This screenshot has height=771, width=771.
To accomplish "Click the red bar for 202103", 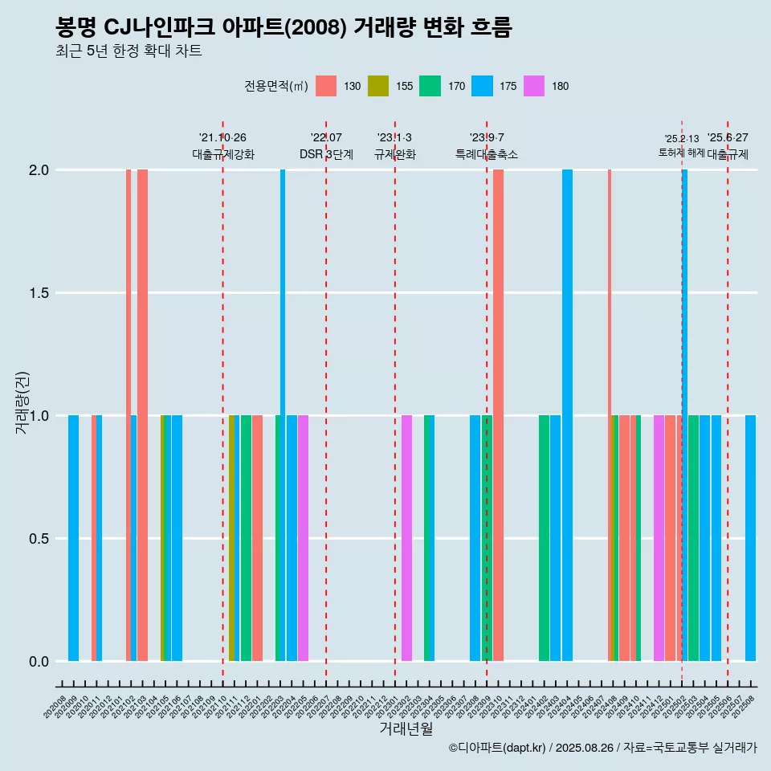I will pos(142,415).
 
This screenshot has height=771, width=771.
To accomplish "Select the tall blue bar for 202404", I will pos(567,415).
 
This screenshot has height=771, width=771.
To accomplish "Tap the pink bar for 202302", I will pos(406,538).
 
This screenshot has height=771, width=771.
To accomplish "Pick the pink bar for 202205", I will pos(303,538).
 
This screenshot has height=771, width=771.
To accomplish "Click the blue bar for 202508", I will pos(750,538).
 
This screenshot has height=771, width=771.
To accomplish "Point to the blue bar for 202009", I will pos(73,538).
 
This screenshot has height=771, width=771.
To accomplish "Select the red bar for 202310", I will pos(498,415).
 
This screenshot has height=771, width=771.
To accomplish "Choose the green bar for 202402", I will pos(544,538).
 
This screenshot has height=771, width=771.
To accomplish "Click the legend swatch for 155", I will pos(378,86).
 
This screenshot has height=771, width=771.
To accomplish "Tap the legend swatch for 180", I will pos(534,86).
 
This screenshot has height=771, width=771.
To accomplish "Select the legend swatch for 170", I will pos(430,86).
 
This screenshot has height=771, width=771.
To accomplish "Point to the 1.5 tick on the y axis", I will pos(39,293).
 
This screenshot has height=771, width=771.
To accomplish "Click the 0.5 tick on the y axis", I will pos(39,539).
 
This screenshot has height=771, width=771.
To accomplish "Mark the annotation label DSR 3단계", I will pos(326,155).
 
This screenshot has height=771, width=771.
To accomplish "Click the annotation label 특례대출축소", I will pos(487,155).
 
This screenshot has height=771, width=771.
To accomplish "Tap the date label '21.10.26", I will pos(222,138).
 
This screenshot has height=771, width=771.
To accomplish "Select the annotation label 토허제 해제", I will pos(681,153).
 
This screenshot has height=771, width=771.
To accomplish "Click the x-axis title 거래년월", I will pos(406,728).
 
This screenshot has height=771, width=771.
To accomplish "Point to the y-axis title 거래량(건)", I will pos(22,402).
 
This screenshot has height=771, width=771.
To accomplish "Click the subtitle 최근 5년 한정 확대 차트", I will pos(128,51).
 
